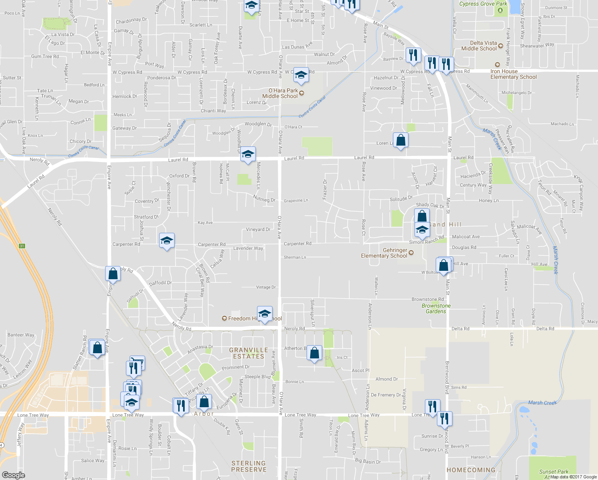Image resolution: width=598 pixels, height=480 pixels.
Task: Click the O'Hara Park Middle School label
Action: pos(280,93)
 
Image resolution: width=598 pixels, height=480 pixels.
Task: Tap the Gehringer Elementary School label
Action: pos(384,253)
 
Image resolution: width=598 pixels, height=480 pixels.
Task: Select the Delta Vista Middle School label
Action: pos(479,46)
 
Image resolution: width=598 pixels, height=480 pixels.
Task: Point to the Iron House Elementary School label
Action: pos(514,74)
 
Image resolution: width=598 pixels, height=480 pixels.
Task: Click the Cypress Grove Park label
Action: pos(483,4)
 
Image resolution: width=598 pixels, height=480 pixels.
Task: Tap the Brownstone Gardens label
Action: pos(436,308)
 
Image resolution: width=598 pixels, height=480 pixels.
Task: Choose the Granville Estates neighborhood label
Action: pos(249,353)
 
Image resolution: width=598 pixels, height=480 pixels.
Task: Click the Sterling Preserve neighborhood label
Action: pos(249,466)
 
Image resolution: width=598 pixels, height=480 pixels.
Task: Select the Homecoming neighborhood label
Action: pos(471,470)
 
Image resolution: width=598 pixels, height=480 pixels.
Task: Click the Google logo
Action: pos(13,475)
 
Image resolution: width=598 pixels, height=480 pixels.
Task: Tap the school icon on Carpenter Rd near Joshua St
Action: pos(167,241)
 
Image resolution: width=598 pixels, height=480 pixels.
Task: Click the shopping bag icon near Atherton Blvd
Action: pos(315,353)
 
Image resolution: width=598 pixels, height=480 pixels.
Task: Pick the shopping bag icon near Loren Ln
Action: pos(401,140)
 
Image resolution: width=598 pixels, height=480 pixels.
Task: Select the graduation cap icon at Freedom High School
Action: pos(265,314)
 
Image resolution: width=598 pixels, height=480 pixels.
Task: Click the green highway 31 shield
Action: pos(22,246)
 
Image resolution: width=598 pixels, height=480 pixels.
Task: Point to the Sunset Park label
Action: pos(554,472)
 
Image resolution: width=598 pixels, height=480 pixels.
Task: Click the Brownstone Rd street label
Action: pos(428,299)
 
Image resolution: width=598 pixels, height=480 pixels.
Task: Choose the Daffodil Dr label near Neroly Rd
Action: pos(160,283)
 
